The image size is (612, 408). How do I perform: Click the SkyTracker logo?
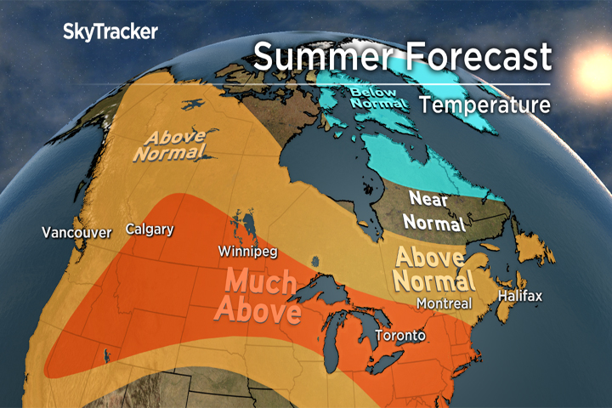point(110,32)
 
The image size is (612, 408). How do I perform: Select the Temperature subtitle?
point(485,105)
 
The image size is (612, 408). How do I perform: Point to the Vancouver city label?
point(76,232)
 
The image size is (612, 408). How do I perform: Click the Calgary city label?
point(150,229)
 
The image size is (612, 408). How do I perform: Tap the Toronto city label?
point(399,335)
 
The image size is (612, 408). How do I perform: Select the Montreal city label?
point(444,303)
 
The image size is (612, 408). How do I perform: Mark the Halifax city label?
point(520,296)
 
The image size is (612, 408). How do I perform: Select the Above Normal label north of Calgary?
point(175,144)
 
